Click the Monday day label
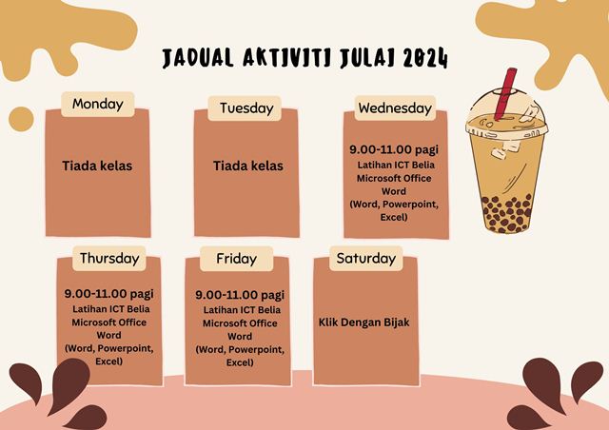pos(97,104)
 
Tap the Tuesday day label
pos(246,108)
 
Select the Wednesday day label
pos(395,108)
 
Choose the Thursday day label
pos(109,259)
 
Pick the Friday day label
pos(237,259)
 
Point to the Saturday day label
pos(365,259)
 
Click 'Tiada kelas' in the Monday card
pos(97,166)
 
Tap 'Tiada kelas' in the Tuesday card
pos(247,166)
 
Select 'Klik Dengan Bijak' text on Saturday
pos(363,322)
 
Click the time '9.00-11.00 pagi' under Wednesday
pos(394,149)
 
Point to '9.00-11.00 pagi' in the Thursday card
pos(109,294)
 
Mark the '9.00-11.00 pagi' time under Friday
pos(240,295)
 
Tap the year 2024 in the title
pos(425,58)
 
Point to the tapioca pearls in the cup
pos(506,213)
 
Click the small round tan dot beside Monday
pos(21,119)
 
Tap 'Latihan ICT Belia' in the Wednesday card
pos(396,166)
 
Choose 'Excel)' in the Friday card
pos(240,362)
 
